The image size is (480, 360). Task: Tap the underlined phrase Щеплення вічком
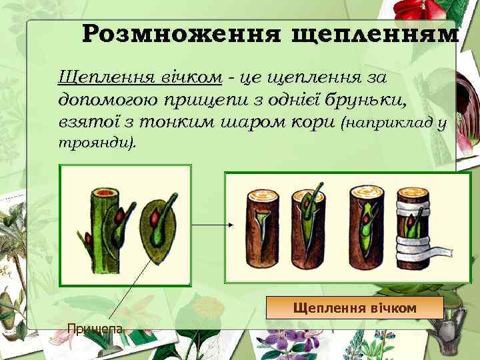tap(140, 77)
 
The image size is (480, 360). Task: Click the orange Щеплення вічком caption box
tap(355, 308)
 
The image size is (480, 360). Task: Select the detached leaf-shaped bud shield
tap(157, 230)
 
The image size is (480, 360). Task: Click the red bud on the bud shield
tap(154, 219)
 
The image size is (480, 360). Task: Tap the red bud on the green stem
tap(122, 216)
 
